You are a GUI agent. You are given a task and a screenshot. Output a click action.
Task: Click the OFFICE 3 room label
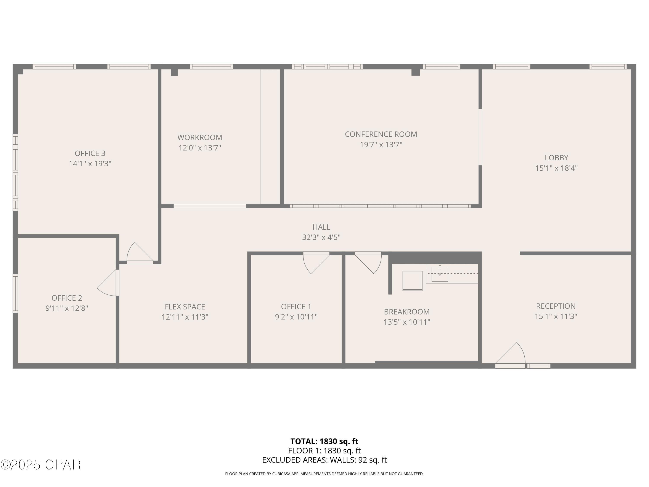tap(90, 153)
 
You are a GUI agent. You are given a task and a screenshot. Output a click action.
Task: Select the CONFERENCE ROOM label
tap(381, 134)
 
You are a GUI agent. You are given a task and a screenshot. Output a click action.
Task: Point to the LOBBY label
tap(556, 158)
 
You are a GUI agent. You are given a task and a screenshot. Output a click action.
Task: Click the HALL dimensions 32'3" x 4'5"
tap(321, 237)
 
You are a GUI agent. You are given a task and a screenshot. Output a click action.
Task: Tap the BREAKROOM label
tap(407, 311)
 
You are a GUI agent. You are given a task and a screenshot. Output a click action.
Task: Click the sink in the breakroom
tap(440, 274)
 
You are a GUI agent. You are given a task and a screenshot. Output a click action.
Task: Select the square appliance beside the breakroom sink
tap(412, 281)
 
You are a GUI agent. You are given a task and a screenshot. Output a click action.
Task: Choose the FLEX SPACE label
tap(185, 306)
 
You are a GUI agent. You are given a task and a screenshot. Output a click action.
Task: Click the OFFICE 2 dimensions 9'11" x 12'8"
tap(67, 308)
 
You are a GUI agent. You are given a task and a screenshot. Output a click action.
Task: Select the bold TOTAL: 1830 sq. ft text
tap(324, 441)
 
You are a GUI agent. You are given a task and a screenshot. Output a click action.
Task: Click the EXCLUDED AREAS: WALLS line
tap(324, 460)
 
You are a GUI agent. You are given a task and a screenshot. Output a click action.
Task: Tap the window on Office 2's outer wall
tap(15, 293)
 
